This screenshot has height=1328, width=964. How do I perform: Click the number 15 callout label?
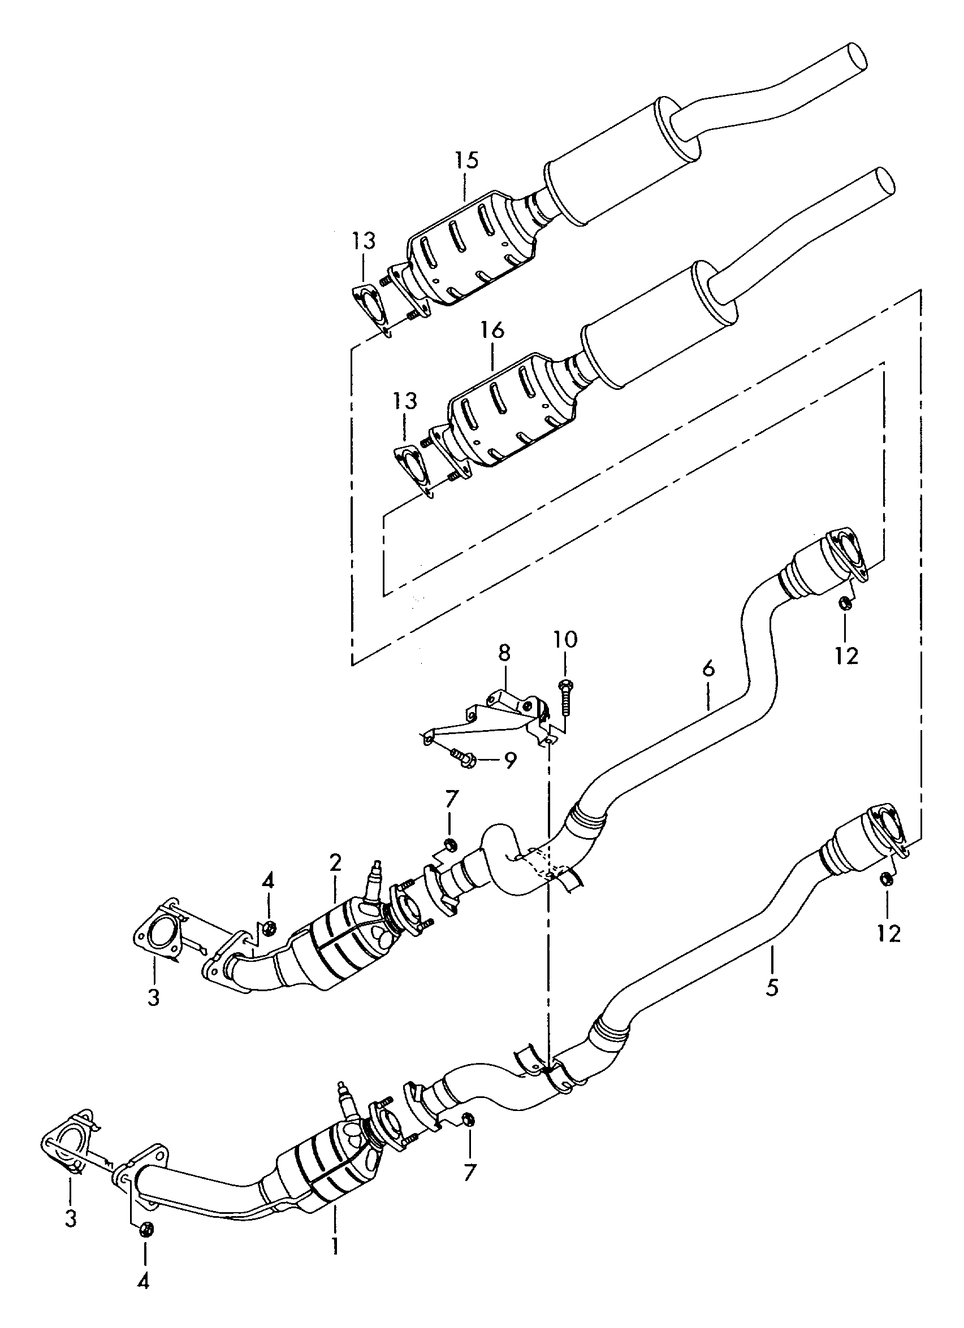(468, 160)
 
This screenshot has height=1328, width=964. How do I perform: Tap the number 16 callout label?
(492, 331)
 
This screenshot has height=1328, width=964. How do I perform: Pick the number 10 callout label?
(566, 639)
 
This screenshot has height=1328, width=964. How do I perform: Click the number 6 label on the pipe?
(708, 668)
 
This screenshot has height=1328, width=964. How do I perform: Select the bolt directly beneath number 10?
(566, 697)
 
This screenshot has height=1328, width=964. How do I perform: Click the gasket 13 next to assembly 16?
(414, 471)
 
